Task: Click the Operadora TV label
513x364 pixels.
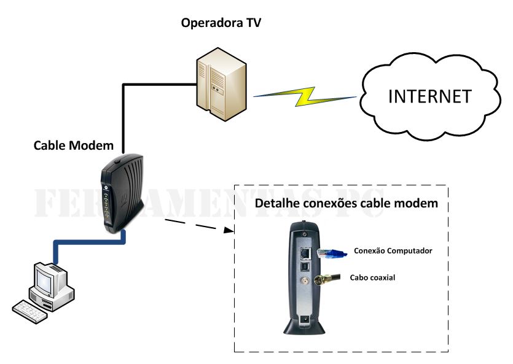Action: [x=221, y=23]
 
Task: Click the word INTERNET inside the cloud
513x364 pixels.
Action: [x=429, y=96]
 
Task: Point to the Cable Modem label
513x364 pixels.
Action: [x=74, y=145]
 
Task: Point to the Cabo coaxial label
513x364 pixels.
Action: [x=372, y=277]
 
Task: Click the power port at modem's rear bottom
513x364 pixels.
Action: [x=303, y=319]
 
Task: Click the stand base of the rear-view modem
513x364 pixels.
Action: [x=304, y=328]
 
